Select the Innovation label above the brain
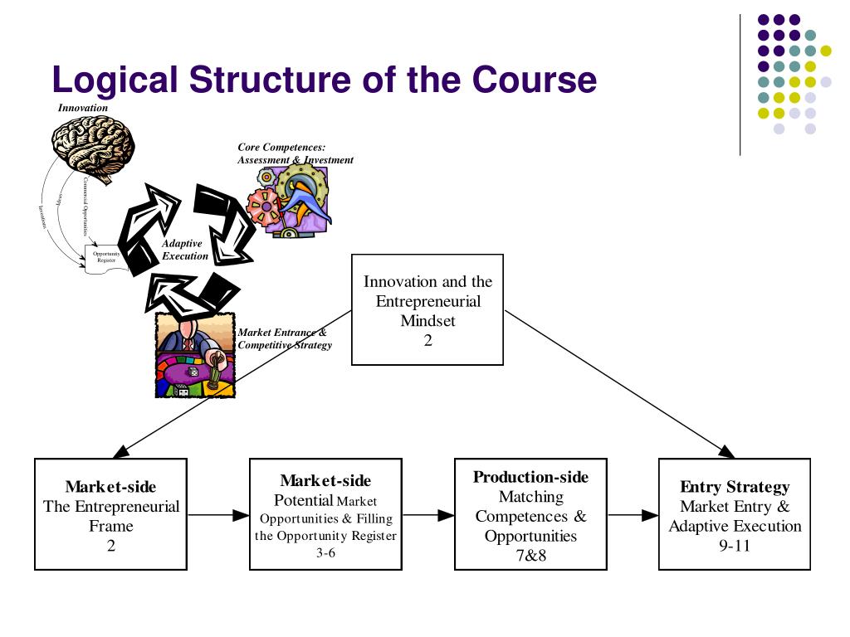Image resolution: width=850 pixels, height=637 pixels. click(x=83, y=108)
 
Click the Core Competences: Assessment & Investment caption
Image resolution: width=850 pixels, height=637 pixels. click(x=295, y=153)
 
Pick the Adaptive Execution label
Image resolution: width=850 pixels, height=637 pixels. click(x=184, y=250)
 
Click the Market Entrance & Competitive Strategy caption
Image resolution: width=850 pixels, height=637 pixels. click(x=284, y=338)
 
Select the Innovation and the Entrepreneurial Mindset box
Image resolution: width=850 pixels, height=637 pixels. click(x=427, y=309)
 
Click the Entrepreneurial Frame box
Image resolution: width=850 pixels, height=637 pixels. click(x=110, y=514)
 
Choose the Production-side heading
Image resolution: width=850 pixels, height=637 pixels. click(x=530, y=477)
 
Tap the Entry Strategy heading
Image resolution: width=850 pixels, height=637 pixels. click(x=735, y=487)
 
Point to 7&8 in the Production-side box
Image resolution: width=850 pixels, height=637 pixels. click(x=530, y=556)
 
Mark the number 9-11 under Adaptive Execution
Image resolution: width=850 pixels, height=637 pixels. click(x=735, y=546)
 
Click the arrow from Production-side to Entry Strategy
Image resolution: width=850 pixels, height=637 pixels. click(x=633, y=515)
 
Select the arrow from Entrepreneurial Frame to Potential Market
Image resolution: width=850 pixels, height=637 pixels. click(x=218, y=515)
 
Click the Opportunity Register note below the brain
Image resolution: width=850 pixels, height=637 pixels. click(x=107, y=257)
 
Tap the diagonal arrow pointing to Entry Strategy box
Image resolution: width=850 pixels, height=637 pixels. click(x=618, y=384)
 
